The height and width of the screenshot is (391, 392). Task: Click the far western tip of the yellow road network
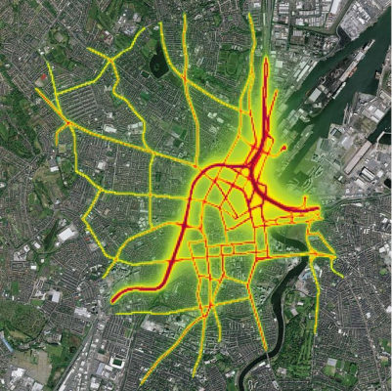point(37,91)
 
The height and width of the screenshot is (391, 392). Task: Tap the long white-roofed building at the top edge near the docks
point(332,10)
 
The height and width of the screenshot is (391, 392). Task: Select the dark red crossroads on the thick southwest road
point(185,227)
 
